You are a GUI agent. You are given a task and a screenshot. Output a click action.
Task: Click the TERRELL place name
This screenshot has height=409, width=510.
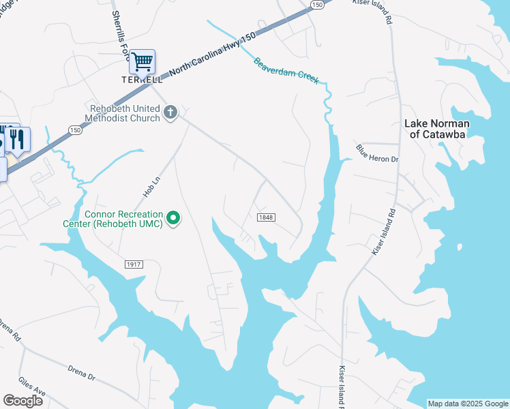142,80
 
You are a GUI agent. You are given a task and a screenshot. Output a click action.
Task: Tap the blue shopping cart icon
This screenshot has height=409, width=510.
142,62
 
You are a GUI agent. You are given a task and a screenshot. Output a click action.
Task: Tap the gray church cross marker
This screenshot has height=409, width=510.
170,112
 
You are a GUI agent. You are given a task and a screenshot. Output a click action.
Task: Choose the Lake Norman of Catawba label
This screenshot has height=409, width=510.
437,129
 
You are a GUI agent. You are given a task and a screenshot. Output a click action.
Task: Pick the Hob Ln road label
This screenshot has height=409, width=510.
151,185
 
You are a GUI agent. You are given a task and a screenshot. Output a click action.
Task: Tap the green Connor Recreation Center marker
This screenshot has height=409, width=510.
174,218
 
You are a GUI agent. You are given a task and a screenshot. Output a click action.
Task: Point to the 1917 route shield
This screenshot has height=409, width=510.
134,264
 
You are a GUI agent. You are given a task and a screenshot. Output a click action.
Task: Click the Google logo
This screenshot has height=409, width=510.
22,401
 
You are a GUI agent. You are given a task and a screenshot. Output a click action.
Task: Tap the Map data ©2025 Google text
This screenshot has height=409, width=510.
467,404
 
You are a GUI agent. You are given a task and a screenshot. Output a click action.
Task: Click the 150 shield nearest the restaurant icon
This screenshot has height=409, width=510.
74,130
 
